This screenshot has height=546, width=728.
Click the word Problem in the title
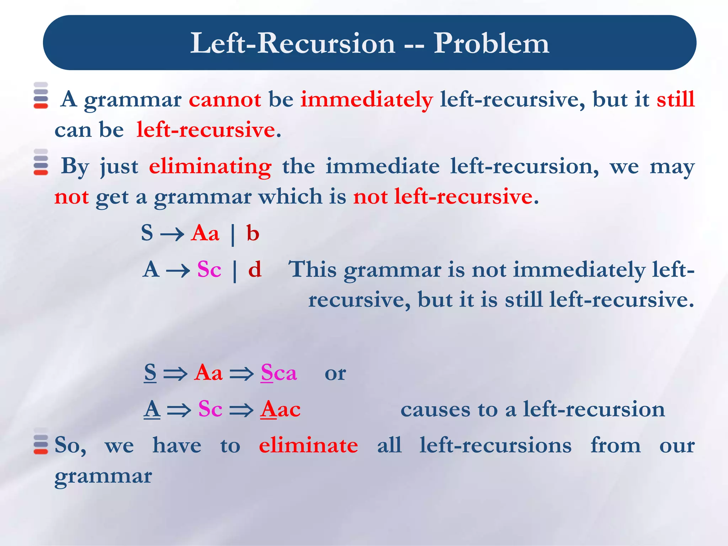pyautogui.click(x=491, y=43)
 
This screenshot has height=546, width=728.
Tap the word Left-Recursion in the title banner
pyautogui.click(x=293, y=43)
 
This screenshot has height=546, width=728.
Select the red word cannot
pyautogui.click(x=225, y=99)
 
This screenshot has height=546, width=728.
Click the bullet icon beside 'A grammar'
pyautogui.click(x=41, y=95)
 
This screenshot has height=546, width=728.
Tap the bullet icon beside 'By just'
pyautogui.click(x=41, y=162)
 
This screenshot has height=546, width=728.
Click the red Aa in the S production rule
pyautogui.click(x=205, y=234)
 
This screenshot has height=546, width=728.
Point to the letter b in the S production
pyautogui.click(x=253, y=234)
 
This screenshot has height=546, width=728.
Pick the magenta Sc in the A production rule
pyautogui.click(x=209, y=269)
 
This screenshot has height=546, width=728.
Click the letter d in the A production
pyautogui.click(x=255, y=269)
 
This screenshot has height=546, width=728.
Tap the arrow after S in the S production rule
pyautogui.click(x=172, y=235)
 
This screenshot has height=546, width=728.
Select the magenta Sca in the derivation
pyautogui.click(x=279, y=373)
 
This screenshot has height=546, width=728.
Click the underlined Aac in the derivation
pyautogui.click(x=280, y=409)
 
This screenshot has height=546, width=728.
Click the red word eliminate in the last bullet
pyautogui.click(x=308, y=445)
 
